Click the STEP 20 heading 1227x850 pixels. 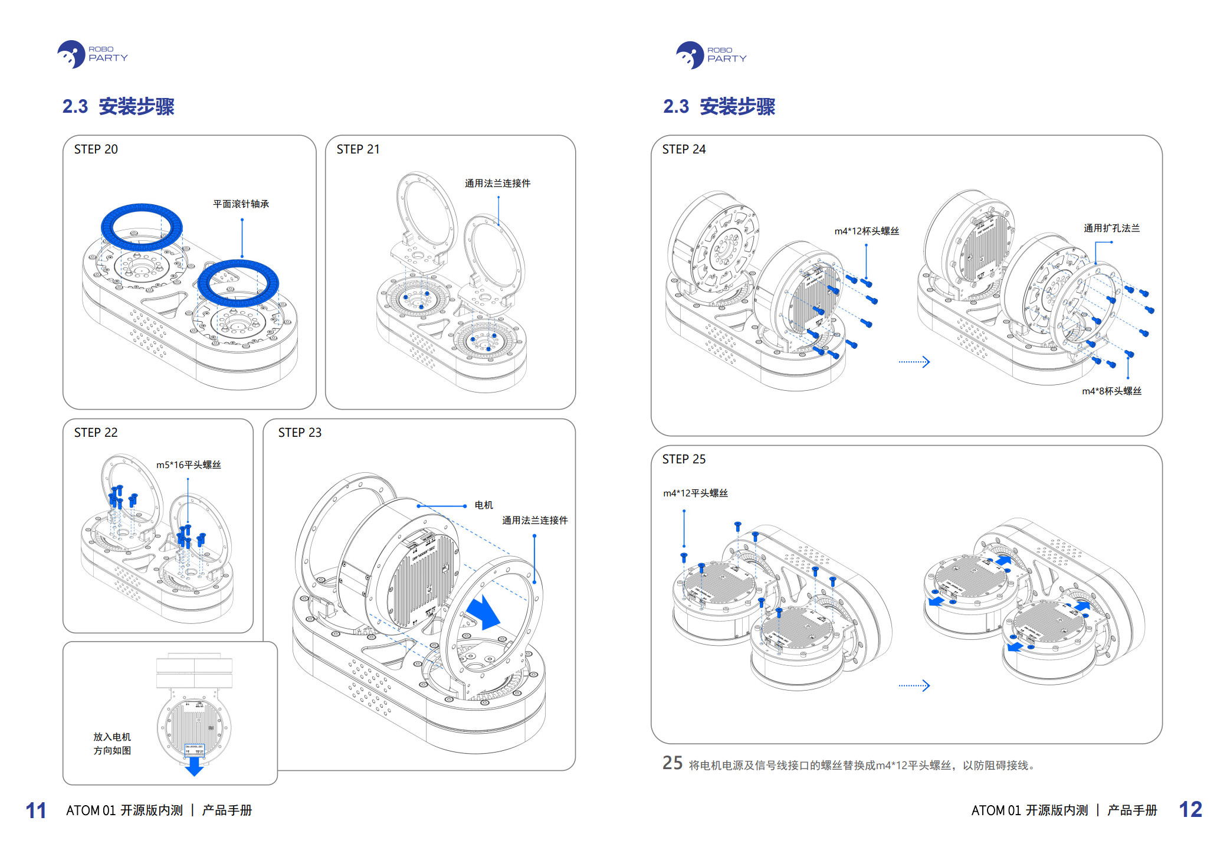click(96, 149)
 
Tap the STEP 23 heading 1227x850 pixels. click(300, 433)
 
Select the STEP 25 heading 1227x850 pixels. click(684, 459)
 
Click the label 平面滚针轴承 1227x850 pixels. click(241, 204)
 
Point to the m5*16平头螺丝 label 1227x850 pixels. click(188, 465)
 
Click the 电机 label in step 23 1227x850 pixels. click(484, 505)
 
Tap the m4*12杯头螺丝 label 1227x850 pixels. click(867, 231)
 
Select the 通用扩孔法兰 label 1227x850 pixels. click(1111, 228)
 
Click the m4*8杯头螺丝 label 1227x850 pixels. click(1111, 391)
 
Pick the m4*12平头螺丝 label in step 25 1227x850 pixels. click(695, 493)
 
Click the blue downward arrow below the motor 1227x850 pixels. click(194, 766)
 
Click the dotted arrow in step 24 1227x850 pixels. click(914, 362)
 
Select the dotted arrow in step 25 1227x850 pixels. click(914, 685)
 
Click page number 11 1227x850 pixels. click(36, 810)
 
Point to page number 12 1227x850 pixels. click(1190, 809)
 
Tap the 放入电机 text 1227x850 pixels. click(112, 737)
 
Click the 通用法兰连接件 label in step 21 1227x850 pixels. click(497, 184)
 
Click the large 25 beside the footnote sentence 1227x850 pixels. click(672, 763)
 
